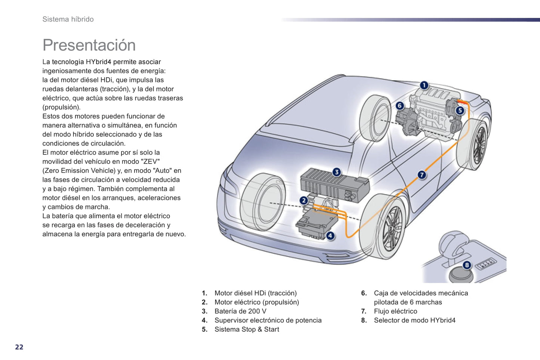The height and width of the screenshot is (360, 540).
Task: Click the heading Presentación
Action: (x=89, y=45)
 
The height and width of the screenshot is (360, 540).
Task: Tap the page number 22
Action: (x=19, y=347)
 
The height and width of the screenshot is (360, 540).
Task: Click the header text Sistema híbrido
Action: (x=68, y=19)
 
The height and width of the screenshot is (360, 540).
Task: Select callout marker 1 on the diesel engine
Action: (x=424, y=86)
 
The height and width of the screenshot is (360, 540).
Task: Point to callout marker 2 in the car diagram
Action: (x=303, y=201)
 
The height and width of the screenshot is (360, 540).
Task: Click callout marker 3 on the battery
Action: (x=337, y=172)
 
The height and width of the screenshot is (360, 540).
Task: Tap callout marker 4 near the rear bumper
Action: (x=330, y=236)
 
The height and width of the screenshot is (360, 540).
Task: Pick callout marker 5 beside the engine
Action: (x=460, y=110)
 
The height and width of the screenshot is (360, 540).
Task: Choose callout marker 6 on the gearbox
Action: (x=399, y=106)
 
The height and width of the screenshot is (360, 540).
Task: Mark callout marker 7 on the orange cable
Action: (x=422, y=174)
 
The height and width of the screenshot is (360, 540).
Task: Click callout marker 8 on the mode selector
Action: (x=467, y=265)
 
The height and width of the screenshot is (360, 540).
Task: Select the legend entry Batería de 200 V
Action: (x=240, y=311)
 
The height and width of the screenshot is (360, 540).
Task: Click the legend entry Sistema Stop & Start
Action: (x=247, y=329)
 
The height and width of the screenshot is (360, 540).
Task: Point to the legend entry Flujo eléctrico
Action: (x=395, y=311)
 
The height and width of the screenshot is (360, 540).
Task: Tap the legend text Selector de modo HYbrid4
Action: (x=414, y=320)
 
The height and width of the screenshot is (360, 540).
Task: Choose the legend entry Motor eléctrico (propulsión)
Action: (x=257, y=302)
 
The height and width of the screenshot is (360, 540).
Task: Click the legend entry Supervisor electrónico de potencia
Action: (x=268, y=320)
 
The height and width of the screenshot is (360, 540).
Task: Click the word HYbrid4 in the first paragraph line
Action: (x=98, y=62)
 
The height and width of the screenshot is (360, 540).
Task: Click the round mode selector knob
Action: (x=461, y=274)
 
